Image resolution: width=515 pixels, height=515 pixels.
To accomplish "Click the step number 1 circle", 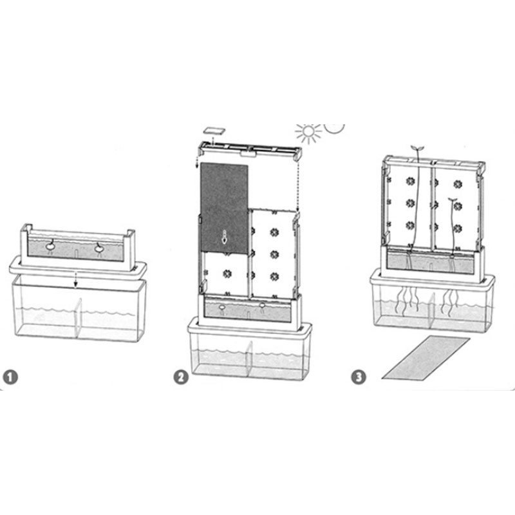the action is pos(10,377).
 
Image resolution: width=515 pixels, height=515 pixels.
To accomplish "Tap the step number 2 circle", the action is pos(181,377).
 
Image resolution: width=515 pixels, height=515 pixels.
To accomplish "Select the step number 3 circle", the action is pos(359,377).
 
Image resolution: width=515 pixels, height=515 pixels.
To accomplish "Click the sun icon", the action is pos(308,132).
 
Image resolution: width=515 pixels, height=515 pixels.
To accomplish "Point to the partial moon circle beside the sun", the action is pos(333,129).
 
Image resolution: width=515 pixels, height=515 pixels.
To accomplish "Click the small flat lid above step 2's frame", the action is pos(214,131).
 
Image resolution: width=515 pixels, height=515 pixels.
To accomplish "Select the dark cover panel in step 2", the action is pos(224,208).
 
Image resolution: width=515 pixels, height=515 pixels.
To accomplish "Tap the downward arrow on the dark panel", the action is pos(224,238).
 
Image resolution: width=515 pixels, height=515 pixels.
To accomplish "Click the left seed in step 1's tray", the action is pos(50,245).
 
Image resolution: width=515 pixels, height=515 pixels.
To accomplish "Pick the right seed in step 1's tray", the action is pos(99,248).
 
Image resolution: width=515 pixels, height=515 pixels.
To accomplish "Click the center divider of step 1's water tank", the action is pos(77,318).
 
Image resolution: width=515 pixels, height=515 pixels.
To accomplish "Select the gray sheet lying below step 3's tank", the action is pos(426,358).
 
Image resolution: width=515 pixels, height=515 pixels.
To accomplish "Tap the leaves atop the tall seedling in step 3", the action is pos(418,147).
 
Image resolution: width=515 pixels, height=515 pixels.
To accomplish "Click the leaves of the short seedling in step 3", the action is pos(453,199).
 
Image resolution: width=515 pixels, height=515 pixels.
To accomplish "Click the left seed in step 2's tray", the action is pos(221,308).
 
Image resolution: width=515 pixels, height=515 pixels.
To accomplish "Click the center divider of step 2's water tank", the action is pos(249,360).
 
